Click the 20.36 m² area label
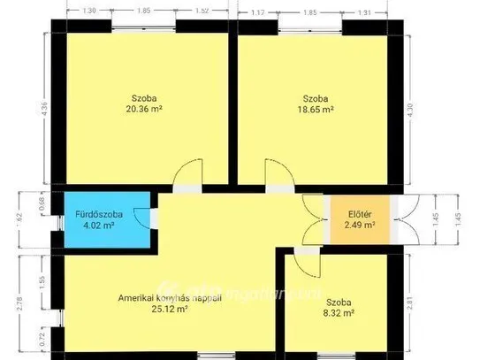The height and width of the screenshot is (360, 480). (x=143, y=110)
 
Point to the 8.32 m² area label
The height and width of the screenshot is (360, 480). (x=339, y=312)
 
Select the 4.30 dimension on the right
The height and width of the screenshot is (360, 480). (x=434, y=112)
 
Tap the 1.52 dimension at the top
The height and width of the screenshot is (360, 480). (x=201, y=11)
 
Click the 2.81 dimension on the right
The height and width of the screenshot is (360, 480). (x=434, y=303)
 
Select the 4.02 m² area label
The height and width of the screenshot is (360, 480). (x=101, y=226)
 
